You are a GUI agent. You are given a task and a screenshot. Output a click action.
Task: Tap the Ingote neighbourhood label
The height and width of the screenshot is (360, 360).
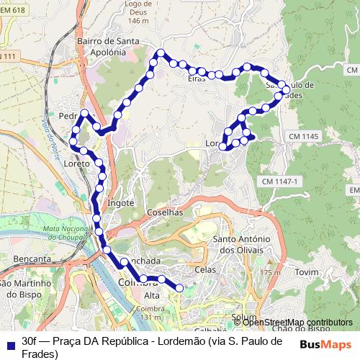coord(120,203)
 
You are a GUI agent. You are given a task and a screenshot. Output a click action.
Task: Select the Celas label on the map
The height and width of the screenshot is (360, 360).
coord(205,269)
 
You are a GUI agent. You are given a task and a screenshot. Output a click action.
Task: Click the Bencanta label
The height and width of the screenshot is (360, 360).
coord(32,258)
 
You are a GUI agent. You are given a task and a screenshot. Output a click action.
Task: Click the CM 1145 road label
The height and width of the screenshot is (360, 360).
coord(302,136)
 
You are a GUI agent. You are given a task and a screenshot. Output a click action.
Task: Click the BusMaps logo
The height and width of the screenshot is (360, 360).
coord(325,345)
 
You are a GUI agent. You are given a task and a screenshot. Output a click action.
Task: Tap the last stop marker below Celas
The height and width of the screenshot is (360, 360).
coord(179,288)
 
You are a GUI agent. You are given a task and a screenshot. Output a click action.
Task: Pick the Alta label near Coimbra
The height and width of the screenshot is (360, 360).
coord(152,296)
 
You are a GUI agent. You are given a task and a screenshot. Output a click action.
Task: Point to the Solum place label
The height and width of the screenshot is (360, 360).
coord(244,318)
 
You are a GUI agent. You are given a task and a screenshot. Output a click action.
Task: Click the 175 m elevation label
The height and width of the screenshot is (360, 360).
coord(270,273)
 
